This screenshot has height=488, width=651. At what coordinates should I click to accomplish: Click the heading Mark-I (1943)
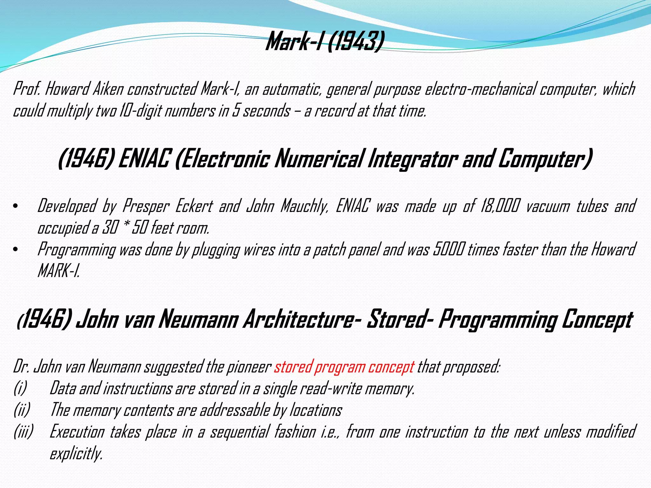click(325, 42)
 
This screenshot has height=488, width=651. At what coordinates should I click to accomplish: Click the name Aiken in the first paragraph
click(108, 89)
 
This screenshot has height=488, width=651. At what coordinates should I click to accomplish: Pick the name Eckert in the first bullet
click(194, 206)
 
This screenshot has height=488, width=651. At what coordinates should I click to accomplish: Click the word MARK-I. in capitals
click(58, 271)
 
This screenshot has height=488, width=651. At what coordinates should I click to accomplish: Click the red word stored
click(292, 367)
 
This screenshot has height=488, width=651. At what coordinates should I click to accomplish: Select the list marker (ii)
click(22, 410)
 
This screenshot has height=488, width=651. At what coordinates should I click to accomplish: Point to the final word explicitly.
click(76, 453)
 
